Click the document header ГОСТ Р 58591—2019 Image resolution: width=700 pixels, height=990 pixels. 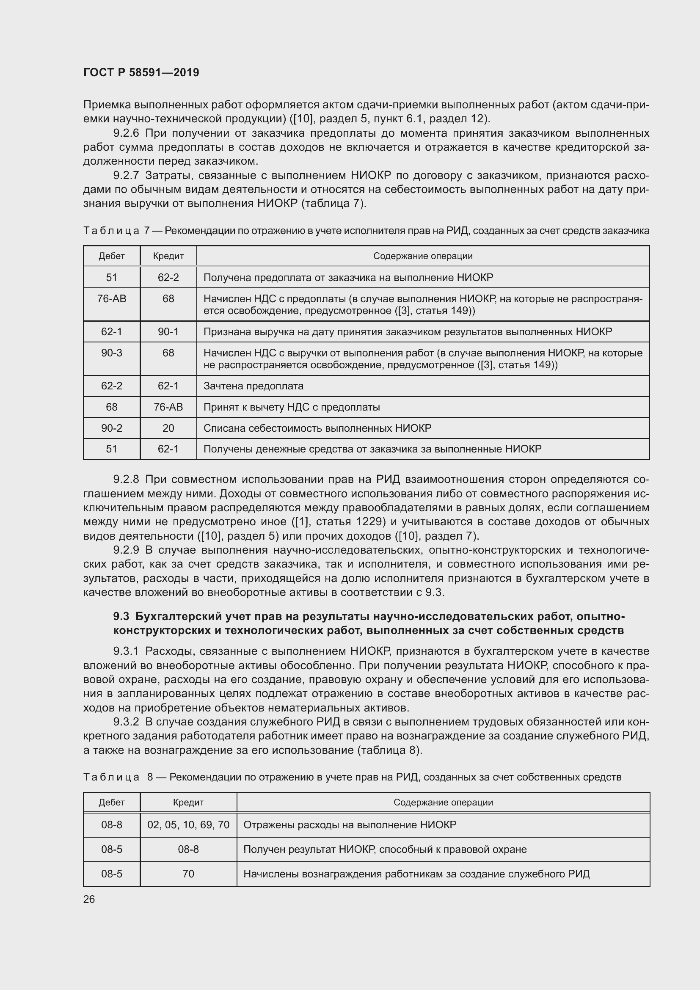(x=141, y=72)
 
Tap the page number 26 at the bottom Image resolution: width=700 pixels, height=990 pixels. (x=89, y=899)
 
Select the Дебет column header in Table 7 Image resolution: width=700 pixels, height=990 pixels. (x=112, y=256)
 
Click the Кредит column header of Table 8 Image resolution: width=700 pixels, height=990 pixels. (x=188, y=802)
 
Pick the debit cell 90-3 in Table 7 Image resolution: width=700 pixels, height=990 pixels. (x=112, y=353)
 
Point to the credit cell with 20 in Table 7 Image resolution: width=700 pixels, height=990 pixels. (x=168, y=428)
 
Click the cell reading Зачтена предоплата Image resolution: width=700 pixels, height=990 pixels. (x=254, y=386)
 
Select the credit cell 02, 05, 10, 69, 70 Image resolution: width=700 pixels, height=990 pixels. (x=188, y=825)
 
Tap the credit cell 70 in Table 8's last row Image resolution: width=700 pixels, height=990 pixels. (x=188, y=874)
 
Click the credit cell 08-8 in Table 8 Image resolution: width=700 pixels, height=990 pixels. (x=188, y=849)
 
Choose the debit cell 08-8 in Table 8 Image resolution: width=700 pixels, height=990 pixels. (x=112, y=825)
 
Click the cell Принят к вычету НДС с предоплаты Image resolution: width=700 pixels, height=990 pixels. (x=291, y=407)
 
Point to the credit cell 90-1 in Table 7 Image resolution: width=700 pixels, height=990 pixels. (x=168, y=332)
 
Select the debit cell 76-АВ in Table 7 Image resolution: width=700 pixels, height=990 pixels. (x=112, y=299)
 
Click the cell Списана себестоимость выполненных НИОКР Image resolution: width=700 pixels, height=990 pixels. (x=317, y=428)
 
